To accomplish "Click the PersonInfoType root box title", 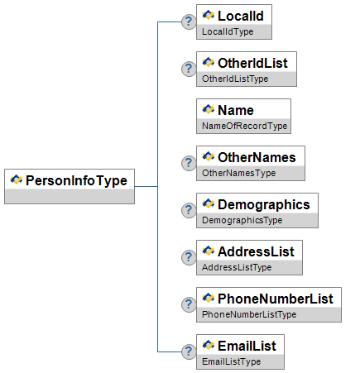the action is pos(76,181).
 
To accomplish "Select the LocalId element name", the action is pos(241,16).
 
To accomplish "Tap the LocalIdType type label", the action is pos(228,32).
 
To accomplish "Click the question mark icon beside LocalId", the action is pos(189,22).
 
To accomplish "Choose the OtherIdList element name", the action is pos(252,63).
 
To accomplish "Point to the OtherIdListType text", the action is pos(235,79).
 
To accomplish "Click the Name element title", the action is pos(236,110).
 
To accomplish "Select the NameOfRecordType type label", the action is pos(245,127).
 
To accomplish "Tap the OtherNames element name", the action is pos(257,157).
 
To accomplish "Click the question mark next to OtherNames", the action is pos(189,163).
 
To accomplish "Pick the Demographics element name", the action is pos(264,205).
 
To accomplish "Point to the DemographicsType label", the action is pos(242,221).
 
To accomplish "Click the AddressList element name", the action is pos(256,251).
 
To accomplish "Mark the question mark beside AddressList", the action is pos(189,257).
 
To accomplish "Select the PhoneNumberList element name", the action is pos(276,299).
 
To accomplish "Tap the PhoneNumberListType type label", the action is pos(249,315).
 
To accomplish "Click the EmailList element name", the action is pos(247,346).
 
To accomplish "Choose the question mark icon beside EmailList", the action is pos(189,351).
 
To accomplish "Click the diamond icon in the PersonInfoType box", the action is pos(17,179).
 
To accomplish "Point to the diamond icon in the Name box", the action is pos(209,109).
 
